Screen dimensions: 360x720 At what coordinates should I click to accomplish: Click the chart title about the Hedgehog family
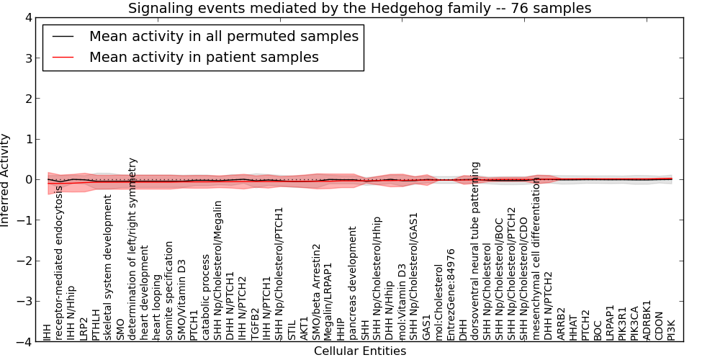(359, 9)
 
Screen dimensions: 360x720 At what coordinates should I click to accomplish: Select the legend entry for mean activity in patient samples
(204, 57)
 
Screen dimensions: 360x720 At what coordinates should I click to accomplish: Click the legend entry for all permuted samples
(223, 36)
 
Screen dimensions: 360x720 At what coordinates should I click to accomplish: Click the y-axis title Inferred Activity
(6, 180)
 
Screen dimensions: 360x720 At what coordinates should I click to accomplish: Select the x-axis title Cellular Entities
(359, 351)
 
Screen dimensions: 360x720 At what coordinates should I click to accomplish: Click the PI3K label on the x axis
(671, 328)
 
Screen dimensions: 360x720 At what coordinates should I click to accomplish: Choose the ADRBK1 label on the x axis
(647, 320)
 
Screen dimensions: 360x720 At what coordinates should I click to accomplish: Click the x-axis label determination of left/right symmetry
(133, 249)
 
